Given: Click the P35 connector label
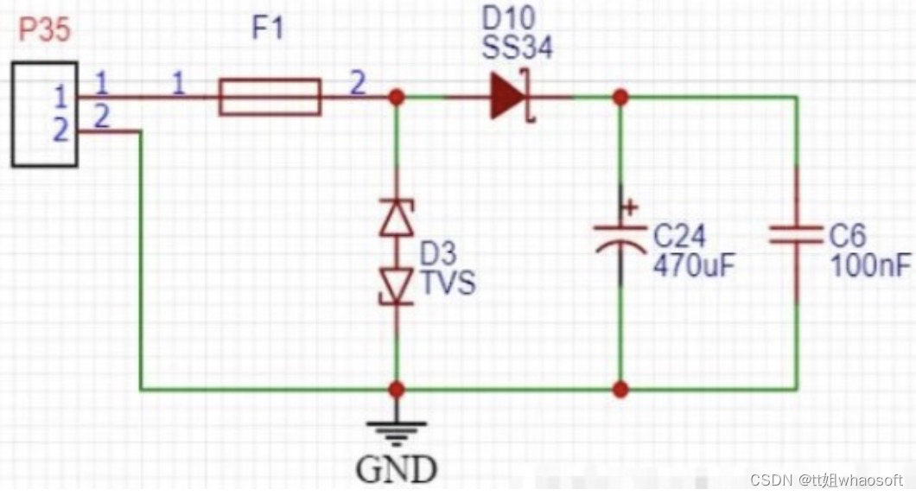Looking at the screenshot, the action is coord(45,29).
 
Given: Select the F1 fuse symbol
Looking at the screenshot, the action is coord(270,97).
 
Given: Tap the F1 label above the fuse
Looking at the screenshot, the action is coord(268,28).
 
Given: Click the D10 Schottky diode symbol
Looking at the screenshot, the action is coord(512,97).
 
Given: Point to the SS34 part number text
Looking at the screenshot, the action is coord(517,46).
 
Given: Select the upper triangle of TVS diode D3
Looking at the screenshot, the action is coord(397,218).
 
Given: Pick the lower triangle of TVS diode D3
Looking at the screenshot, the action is coord(397,286).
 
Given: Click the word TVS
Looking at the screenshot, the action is coord(448,283).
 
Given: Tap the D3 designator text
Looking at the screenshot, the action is coord(438,253).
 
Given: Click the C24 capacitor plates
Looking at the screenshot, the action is coord(620,239).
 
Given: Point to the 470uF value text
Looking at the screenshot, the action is coord(694,264).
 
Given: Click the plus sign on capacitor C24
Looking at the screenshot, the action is coord(630,207).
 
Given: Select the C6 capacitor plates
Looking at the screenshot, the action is coord(797,235).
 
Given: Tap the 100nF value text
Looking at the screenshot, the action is coord(870,265).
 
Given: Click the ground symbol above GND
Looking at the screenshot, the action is coord(397,433).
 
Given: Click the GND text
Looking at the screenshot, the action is coord(397,468).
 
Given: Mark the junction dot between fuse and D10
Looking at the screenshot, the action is coord(397,97).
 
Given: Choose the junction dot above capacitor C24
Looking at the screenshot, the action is coord(620,97).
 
